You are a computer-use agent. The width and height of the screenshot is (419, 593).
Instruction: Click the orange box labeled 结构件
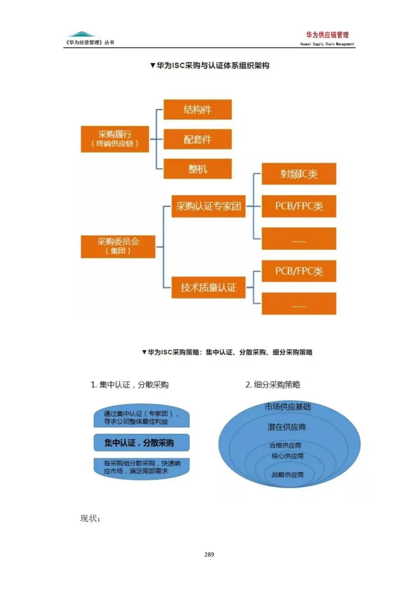coord(197,110)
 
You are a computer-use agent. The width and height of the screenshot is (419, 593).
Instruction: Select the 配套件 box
coord(197,139)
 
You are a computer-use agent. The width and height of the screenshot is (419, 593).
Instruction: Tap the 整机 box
coord(197,169)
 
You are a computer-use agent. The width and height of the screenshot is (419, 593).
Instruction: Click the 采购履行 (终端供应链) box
coord(115,139)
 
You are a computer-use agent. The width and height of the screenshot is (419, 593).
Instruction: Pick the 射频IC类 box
coord(299,174)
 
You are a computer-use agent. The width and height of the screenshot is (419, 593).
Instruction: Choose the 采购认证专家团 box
coord(208,206)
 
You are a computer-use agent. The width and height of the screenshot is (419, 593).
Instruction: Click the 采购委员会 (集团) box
coord(118,246)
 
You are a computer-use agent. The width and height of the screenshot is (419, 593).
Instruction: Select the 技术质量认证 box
coord(208,287)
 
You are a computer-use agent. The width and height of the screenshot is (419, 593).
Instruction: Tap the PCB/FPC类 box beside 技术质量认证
coord(299,271)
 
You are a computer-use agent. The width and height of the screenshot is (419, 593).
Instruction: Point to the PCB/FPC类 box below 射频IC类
coord(299,206)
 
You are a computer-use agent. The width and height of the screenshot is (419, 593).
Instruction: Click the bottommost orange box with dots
coord(299,304)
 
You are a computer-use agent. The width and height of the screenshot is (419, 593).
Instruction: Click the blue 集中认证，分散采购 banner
coord(141,443)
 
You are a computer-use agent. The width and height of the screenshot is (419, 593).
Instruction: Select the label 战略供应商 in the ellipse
coord(287,475)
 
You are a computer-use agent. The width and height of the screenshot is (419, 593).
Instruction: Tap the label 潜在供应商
coord(287,427)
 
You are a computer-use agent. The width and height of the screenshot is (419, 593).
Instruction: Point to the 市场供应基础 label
coord(288,407)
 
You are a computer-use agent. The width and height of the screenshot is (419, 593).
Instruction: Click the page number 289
coord(209,555)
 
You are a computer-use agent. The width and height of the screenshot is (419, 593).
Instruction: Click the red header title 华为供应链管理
coord(327,35)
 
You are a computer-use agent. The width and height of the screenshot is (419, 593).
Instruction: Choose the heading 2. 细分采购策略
coord(273,385)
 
